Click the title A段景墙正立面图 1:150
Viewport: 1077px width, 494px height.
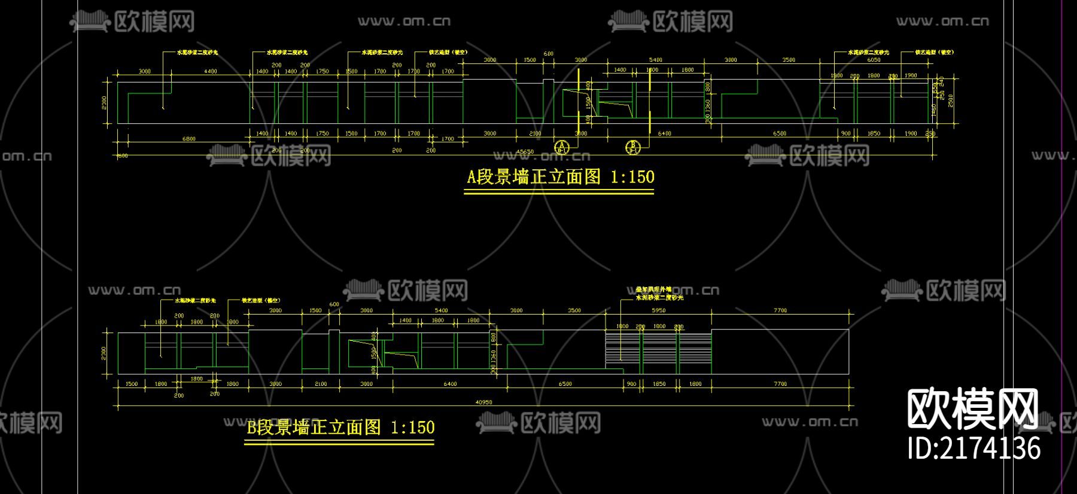(560, 177)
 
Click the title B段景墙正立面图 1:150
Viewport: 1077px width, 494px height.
(340, 428)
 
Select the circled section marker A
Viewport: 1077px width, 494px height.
(561, 147)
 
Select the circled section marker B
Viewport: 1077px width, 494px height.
(632, 147)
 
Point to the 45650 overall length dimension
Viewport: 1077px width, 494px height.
(525, 152)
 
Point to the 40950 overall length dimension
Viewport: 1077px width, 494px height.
(483, 402)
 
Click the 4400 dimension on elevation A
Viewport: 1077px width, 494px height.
(211, 71)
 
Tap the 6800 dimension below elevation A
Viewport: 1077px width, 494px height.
(189, 139)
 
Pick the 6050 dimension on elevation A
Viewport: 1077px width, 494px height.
(874, 60)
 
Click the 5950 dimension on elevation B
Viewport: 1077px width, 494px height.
(658, 310)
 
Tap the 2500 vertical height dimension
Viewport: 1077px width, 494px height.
(951, 100)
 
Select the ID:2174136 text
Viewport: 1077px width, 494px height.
(973, 449)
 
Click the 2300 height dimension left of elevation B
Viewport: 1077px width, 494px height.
(104, 353)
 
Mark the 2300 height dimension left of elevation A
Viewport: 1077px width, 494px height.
(104, 103)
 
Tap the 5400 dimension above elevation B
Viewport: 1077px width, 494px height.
(441, 310)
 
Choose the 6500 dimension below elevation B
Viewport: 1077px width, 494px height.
(565, 384)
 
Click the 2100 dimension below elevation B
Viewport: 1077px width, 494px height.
(321, 384)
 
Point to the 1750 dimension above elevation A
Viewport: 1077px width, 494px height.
(323, 71)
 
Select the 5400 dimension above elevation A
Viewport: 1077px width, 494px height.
(656, 60)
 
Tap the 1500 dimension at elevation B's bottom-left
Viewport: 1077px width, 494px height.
(131, 384)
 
